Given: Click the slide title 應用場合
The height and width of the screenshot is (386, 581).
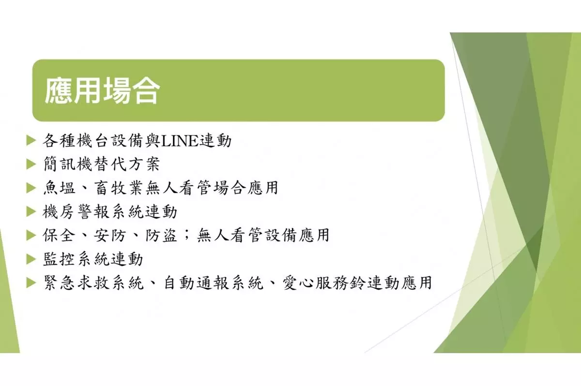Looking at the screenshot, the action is pos(103,91).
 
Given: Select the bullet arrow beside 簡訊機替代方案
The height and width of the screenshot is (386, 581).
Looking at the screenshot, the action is pos(31,164).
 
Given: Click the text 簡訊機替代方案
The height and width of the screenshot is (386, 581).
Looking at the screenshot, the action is pos(102,164).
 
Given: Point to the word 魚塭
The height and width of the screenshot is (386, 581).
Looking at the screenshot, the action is pos(60,188).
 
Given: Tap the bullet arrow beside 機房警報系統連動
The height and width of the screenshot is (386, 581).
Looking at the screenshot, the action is pos(31,212).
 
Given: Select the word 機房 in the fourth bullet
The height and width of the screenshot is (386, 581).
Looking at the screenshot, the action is pos(59,212).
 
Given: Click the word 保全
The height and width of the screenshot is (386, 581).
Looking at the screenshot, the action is pos(59,235).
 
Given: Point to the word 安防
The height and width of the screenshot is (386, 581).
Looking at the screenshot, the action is pos(110,235).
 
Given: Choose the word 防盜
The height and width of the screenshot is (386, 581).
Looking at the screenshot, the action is pos(161,235).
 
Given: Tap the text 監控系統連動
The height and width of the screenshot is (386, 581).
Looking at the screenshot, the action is pos(93,259).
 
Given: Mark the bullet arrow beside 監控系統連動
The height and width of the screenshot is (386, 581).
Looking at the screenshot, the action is pos(31,259).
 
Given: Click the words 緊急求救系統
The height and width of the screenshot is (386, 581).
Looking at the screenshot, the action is pos(93,282).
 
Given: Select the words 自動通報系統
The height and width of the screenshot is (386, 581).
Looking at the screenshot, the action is pos(214,282).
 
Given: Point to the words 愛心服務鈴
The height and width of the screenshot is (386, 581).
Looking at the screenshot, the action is pos(324,282).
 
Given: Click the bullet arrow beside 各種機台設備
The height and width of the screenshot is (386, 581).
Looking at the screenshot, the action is pos(31,141).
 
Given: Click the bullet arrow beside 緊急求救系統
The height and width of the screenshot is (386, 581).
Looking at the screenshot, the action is pos(31,282).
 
